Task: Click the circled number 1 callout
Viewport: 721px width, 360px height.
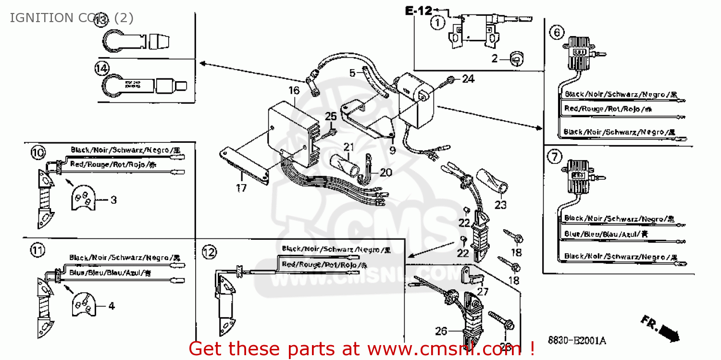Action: tap(437, 23)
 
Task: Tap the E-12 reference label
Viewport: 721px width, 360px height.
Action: tap(418, 10)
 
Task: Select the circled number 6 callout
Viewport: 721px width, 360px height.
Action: tap(557, 32)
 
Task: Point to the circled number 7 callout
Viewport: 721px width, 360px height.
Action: tap(554, 156)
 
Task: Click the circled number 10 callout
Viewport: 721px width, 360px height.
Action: tap(38, 153)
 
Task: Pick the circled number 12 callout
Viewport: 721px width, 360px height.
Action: tap(209, 251)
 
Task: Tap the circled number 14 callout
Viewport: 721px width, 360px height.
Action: tap(101, 68)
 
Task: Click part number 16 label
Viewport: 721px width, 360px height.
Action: tap(294, 90)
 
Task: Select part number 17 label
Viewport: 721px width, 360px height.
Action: tap(241, 187)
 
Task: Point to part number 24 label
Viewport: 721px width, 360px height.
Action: tap(468, 78)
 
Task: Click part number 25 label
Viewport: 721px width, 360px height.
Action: tap(331, 116)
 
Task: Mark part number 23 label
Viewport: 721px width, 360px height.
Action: tap(500, 205)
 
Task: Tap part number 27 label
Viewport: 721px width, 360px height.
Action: tap(483, 291)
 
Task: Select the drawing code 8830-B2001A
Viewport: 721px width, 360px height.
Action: tap(577, 341)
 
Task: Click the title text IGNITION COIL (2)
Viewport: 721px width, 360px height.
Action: tap(71, 18)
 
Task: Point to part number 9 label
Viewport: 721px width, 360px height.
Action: tap(392, 150)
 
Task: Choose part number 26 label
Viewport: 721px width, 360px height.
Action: tap(441, 331)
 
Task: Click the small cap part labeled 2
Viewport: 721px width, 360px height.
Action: tap(515, 59)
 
